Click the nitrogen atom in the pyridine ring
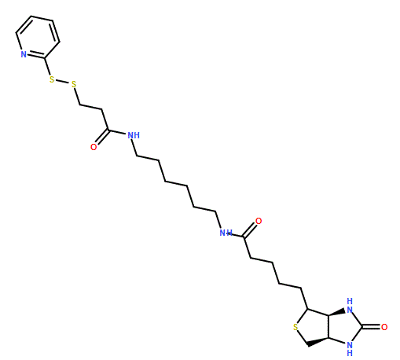(24, 54)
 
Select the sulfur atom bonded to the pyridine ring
(52, 79)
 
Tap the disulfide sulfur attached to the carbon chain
(74, 84)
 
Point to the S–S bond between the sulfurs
(63, 82)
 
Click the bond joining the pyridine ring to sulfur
(47, 66)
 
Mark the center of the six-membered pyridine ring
(37, 37)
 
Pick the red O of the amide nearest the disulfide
(94, 147)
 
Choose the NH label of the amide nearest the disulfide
(134, 135)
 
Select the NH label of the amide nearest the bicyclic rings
(226, 233)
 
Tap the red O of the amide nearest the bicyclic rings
(259, 221)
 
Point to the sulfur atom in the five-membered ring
(295, 327)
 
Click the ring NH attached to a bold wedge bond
(350, 306)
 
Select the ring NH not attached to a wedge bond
(350, 348)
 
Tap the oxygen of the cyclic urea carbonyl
(384, 327)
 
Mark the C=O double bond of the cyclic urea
(371, 327)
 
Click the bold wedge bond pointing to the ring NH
(337, 313)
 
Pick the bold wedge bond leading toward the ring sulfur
(317, 342)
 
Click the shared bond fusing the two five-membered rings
(328, 327)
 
